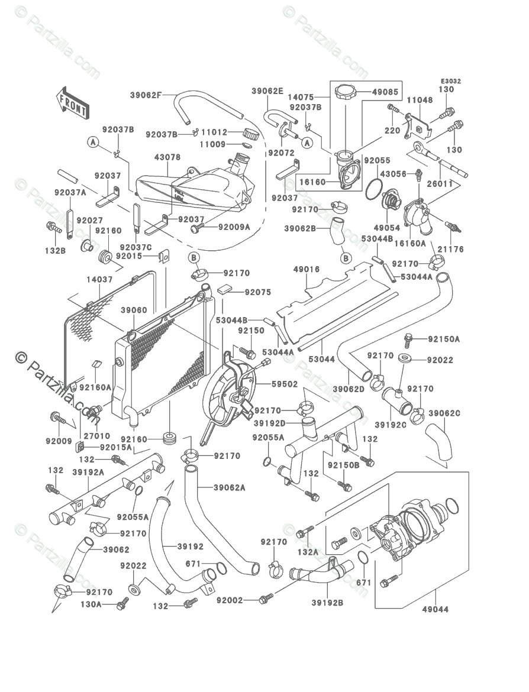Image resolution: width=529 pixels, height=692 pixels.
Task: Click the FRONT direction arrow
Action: [x=72, y=102]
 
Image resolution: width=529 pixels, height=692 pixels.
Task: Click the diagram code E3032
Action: [x=450, y=81]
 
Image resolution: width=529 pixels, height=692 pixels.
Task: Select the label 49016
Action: [x=307, y=270]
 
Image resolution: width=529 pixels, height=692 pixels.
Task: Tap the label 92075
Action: [x=257, y=292]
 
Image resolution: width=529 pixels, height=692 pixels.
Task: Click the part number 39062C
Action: [x=444, y=413]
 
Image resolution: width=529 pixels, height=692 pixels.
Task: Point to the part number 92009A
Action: [x=234, y=227]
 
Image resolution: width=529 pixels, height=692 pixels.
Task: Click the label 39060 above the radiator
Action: [x=134, y=310]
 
